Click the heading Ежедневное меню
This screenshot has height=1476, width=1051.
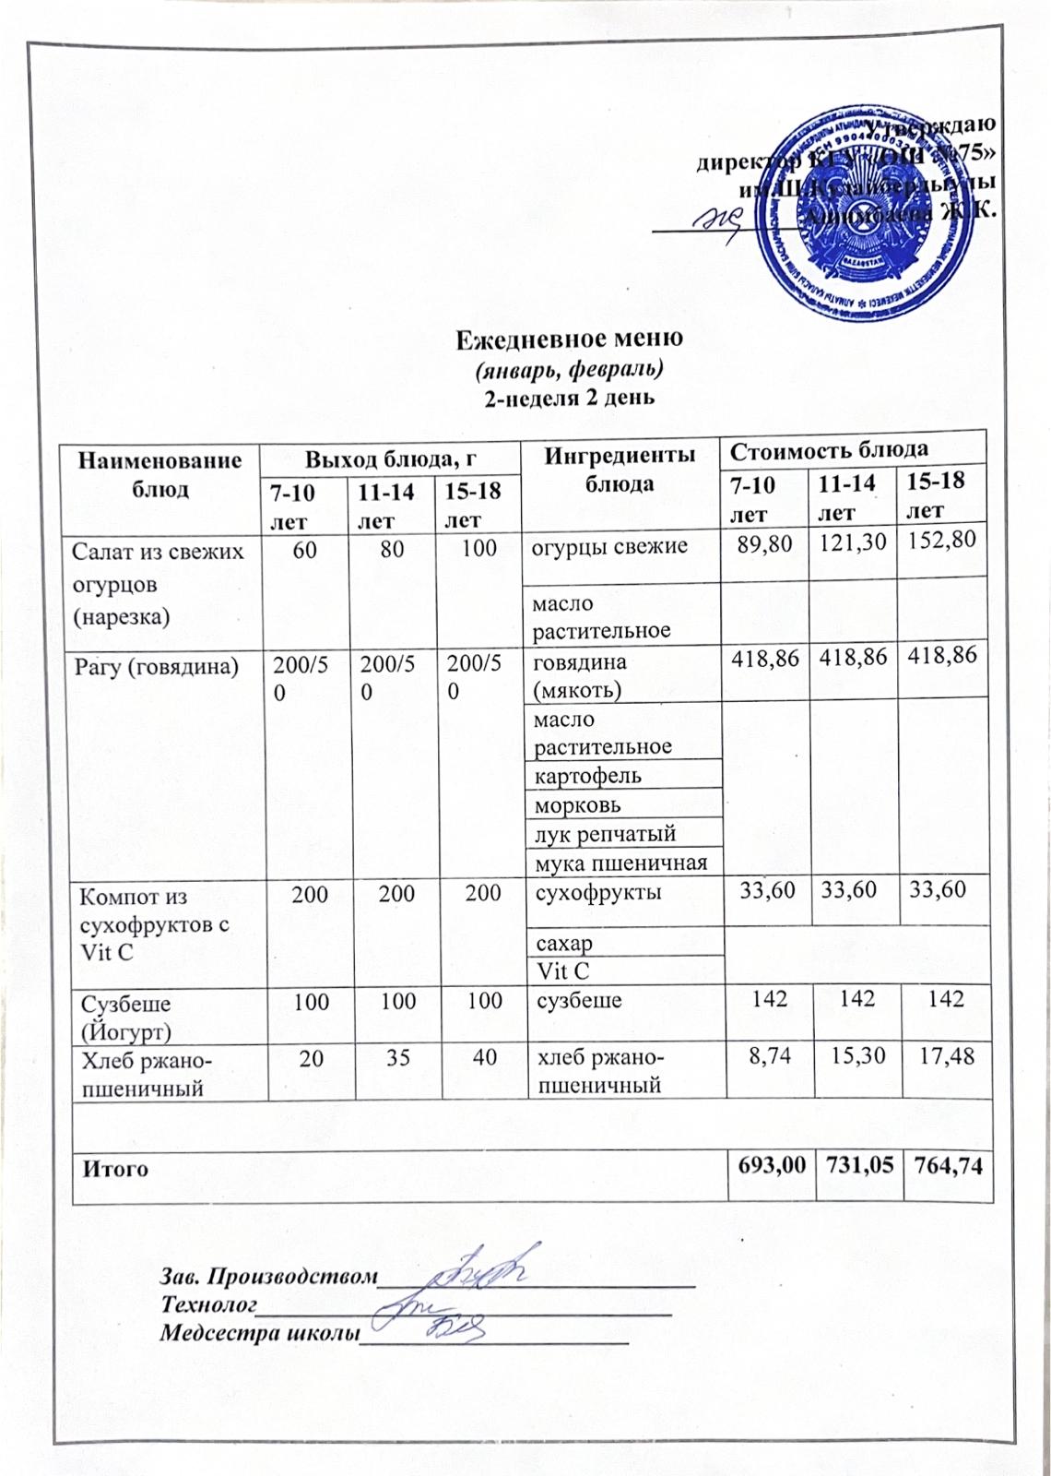click(x=570, y=339)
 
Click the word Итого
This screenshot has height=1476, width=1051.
click(x=116, y=1169)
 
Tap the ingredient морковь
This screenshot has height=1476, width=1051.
click(x=578, y=805)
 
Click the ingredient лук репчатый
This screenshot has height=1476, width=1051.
click(x=606, y=834)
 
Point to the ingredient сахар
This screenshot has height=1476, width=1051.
click(x=565, y=944)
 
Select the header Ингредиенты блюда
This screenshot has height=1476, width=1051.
click(x=620, y=469)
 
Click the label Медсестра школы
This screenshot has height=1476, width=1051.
click(x=258, y=1333)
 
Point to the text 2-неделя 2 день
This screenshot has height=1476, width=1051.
click(x=569, y=399)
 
